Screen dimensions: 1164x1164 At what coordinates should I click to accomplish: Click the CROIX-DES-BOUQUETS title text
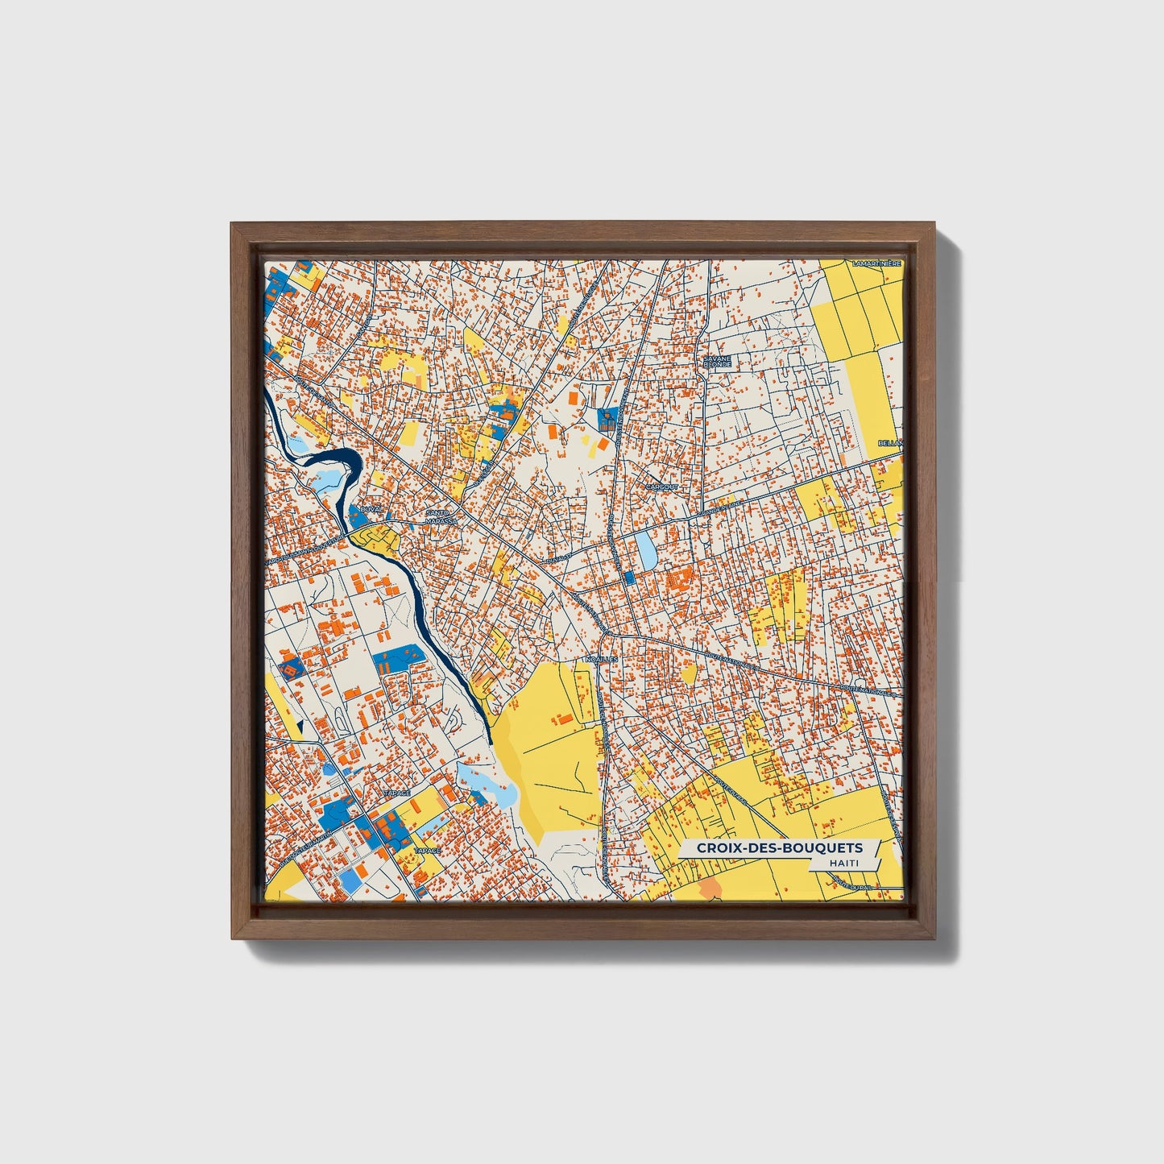pyautogui.click(x=778, y=847)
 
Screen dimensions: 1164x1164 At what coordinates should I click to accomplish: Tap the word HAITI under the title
pyautogui.click(x=842, y=863)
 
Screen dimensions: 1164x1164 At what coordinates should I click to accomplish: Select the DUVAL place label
pyautogui.click(x=371, y=509)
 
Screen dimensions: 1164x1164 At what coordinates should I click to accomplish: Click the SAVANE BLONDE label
pyautogui.click(x=716, y=361)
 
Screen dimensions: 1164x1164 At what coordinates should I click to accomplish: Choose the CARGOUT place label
pyautogui.click(x=663, y=487)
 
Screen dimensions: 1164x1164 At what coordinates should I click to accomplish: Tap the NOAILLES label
pyautogui.click(x=601, y=658)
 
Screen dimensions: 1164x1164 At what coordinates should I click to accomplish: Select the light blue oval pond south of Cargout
pyautogui.click(x=646, y=548)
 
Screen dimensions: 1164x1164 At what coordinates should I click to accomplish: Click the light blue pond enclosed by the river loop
pyautogui.click(x=329, y=482)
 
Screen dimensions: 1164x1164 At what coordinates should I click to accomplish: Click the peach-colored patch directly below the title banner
pyautogui.click(x=710, y=889)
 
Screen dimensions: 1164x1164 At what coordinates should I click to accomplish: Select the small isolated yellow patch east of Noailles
pyautogui.click(x=689, y=673)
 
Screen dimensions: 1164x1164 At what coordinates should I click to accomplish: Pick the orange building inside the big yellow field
pyautogui.click(x=566, y=717)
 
